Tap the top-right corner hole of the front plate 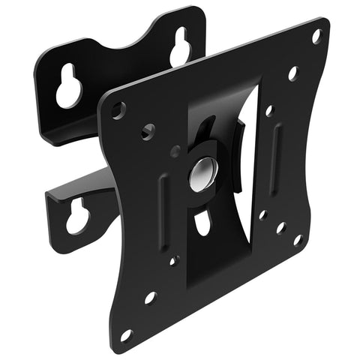(x=316, y=36)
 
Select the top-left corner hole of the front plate (x=118, y=109)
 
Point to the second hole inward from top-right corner (x=292, y=73)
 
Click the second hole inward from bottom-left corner (x=149, y=298)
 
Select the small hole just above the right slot (x=269, y=110)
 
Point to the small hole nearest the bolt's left (x=175, y=152)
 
